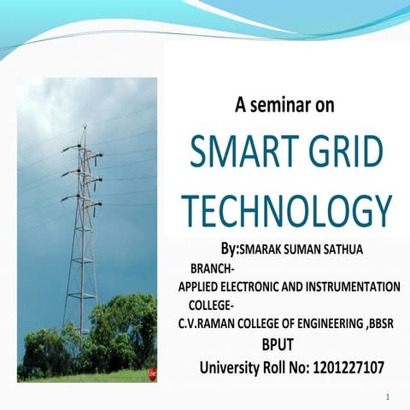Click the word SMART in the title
coord(243,156)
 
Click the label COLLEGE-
coord(218,305)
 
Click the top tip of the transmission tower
coord(84,127)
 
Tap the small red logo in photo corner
coord(152,373)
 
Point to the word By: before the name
coord(229,249)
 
